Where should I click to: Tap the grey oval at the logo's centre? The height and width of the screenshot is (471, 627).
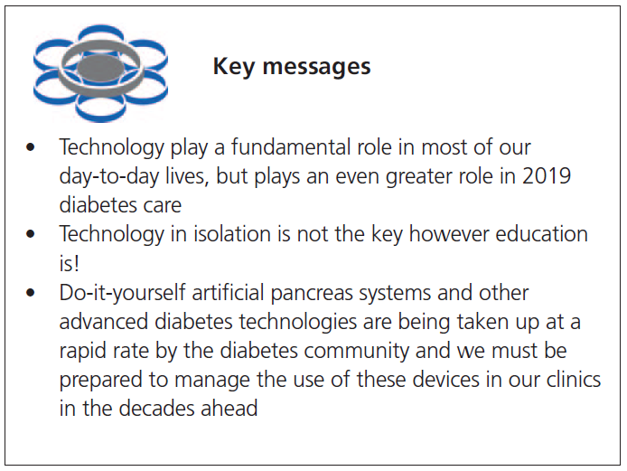pyautogui.click(x=100, y=68)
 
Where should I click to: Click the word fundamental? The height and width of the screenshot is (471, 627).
pyautogui.click(x=275, y=147)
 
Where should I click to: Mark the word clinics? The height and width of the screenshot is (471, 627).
pyautogui.click(x=566, y=380)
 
